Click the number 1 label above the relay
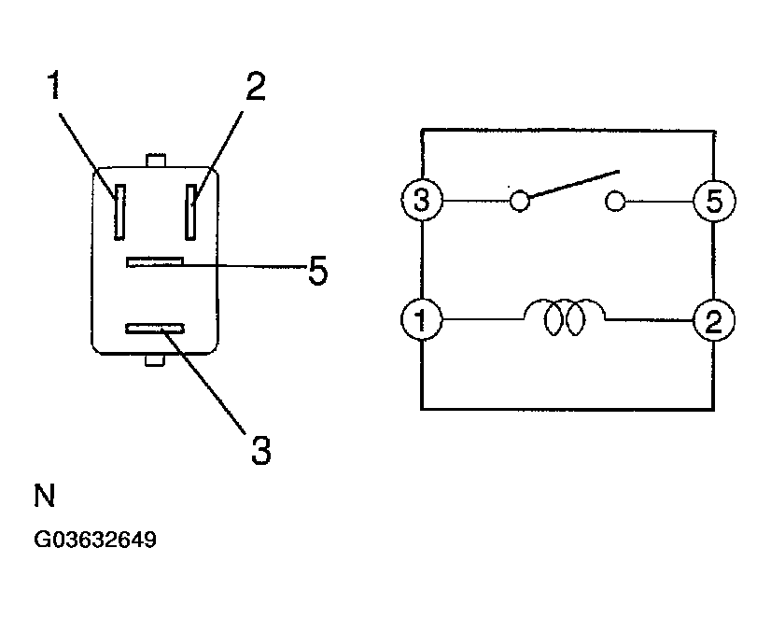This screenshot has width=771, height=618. point(55,87)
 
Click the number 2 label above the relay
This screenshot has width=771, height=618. point(254,87)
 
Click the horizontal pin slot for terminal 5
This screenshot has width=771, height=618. point(156,262)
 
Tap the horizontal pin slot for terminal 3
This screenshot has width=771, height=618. point(156,329)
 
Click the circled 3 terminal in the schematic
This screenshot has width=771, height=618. point(421,200)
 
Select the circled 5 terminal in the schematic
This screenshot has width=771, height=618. point(714,200)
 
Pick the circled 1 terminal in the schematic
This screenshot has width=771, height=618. point(421,322)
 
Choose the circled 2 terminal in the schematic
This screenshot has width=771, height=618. point(714,322)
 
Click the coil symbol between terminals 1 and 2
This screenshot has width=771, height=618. point(565,318)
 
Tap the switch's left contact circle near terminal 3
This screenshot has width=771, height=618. point(519,200)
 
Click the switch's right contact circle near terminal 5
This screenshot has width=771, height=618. point(614,200)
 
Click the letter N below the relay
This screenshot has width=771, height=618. point(45,496)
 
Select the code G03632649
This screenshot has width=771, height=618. point(95,540)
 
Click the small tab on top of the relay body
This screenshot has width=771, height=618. point(156,162)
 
